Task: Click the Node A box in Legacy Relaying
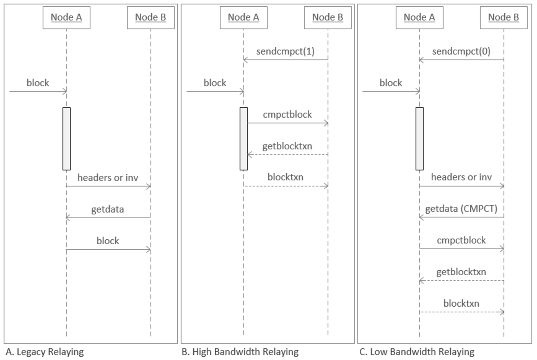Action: pyautogui.click(x=66, y=18)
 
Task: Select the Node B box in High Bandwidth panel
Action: pyautogui.click(x=328, y=18)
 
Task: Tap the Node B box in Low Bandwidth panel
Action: pyautogui.click(x=504, y=18)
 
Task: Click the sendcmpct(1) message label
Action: pyautogui.click(x=285, y=52)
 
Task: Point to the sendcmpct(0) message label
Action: pyautogui.click(x=461, y=52)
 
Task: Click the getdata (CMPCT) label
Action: pyautogui.click(x=461, y=209)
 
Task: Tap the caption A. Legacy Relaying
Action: pyautogui.click(x=45, y=352)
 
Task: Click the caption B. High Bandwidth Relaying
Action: pyautogui.click(x=240, y=352)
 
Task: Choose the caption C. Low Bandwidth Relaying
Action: pyautogui.click(x=416, y=352)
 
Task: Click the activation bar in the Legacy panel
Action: pyautogui.click(x=67, y=138)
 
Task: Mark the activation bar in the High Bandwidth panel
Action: pyautogui.click(x=244, y=138)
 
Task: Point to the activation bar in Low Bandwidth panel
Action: pyautogui.click(x=419, y=138)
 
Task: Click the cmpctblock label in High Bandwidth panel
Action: pyautogui.click(x=287, y=114)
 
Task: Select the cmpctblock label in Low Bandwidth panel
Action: pyautogui.click(x=461, y=240)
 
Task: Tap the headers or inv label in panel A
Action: pyautogui.click(x=108, y=177)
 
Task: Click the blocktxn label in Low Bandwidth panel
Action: pyautogui.click(x=461, y=303)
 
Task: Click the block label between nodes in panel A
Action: pyautogui.click(x=108, y=241)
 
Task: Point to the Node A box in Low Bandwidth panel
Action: pyautogui.click(x=419, y=18)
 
